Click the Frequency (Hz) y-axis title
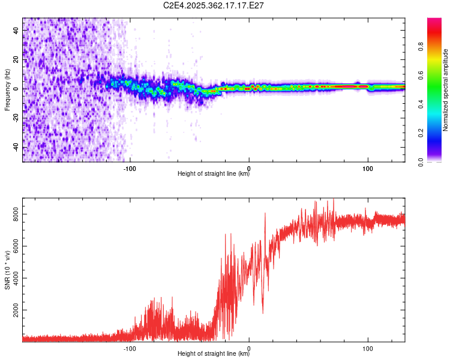[x=7, y=90]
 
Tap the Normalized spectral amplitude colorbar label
[x=446, y=90]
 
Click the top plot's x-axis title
[x=214, y=174]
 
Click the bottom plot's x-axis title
[x=214, y=354]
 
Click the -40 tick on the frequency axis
[x=17, y=148]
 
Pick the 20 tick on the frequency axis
[x=17, y=59]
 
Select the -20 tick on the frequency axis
[x=17, y=118]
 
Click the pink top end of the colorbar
[x=434, y=22]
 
